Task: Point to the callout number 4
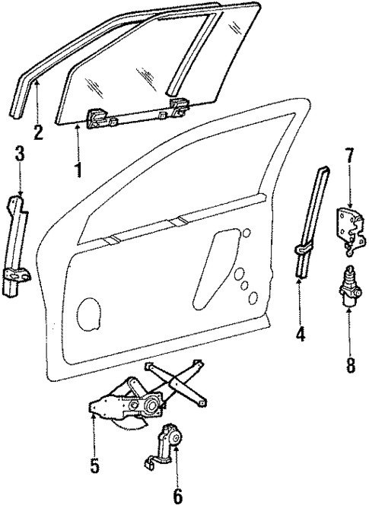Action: click(x=301, y=334)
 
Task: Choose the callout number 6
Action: click(x=177, y=496)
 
